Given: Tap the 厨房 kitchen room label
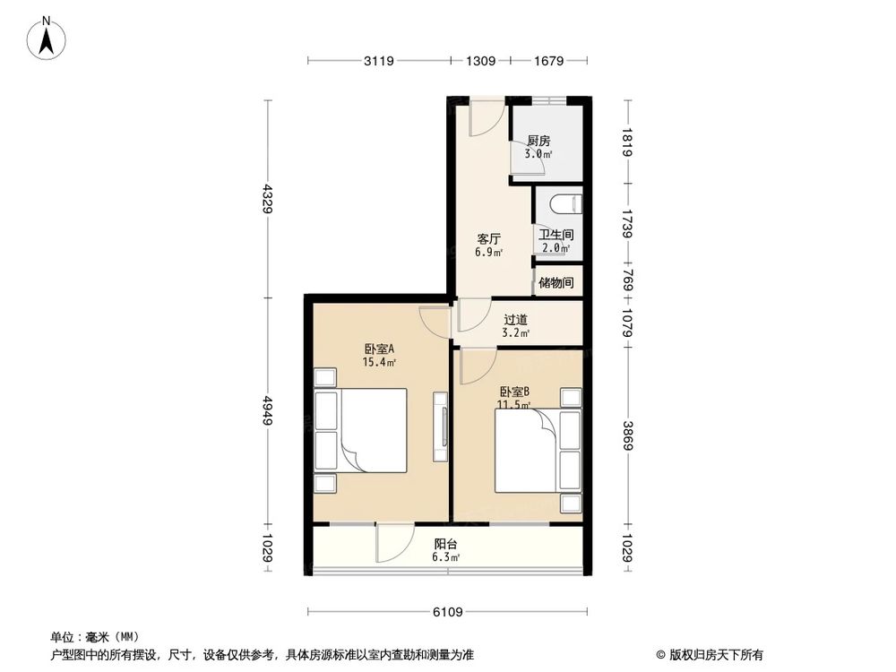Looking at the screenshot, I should pos(538,141).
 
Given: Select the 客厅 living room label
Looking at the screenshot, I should pos(488,239).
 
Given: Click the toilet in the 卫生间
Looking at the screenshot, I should pos(566,204).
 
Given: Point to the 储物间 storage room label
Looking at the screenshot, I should pos(556,283).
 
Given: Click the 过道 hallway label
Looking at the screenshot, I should pos(515,319).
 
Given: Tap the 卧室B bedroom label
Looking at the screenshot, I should pos(514,392).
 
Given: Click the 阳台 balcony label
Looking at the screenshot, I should pos(446,544).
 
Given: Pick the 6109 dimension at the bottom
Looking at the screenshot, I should pos(447,613).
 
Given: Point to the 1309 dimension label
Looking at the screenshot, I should pos(480,61).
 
